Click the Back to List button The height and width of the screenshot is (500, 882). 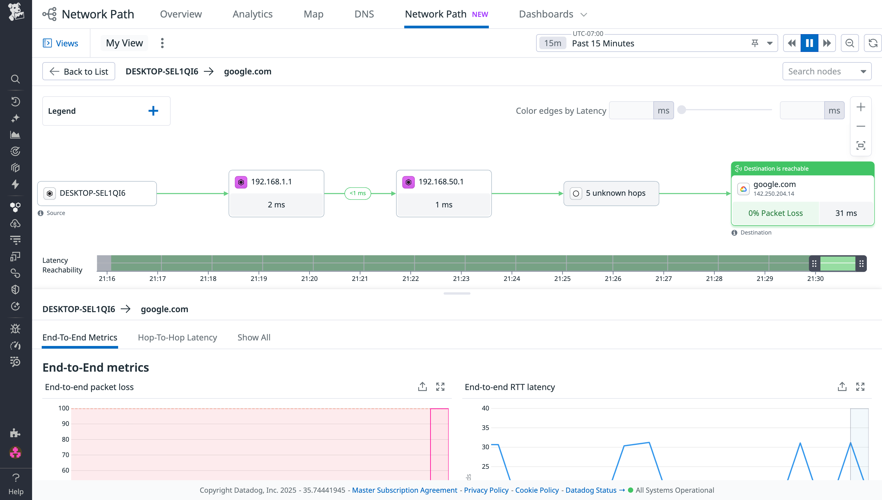(79, 71)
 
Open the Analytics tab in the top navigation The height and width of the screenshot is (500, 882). (252, 14)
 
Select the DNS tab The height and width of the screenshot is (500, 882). (364, 14)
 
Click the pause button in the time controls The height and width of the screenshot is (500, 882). (809, 43)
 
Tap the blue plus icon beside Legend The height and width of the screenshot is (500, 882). (153, 111)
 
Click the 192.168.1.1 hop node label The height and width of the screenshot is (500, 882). (271, 182)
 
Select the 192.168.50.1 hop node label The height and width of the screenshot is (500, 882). (441, 182)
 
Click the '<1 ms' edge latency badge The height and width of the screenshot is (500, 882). (357, 193)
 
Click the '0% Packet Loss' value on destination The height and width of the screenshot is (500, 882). (775, 213)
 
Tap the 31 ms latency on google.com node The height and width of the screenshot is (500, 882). (846, 213)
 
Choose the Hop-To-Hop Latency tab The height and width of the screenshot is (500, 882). (177, 338)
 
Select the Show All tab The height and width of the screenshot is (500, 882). (254, 338)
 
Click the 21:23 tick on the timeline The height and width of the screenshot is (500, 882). (461, 279)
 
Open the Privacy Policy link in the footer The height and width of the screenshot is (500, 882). (486, 490)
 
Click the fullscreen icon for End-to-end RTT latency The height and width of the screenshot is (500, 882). (860, 387)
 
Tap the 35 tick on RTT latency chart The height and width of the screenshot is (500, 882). (485, 428)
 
